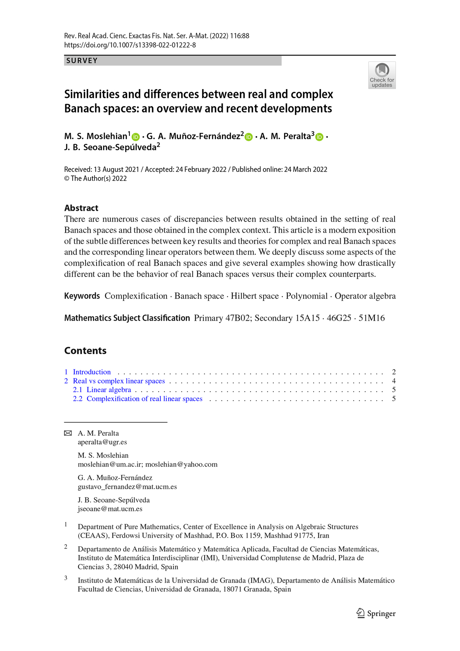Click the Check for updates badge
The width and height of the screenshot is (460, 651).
(x=382, y=75)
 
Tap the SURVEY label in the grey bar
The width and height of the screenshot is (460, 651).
(x=82, y=60)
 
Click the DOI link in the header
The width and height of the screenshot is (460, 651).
(x=130, y=45)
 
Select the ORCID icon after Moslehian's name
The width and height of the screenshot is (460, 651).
(x=136, y=137)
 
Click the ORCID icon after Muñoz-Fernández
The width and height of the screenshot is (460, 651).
(x=249, y=137)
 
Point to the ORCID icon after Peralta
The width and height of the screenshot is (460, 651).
(x=319, y=137)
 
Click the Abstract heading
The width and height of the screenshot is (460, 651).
(x=81, y=208)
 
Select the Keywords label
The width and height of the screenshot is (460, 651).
(x=82, y=296)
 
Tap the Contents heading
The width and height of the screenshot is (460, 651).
(x=85, y=350)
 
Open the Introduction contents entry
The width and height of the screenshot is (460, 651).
(x=92, y=372)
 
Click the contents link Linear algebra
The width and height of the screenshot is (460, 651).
(x=109, y=390)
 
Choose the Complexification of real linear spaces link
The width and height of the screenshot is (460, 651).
(x=144, y=399)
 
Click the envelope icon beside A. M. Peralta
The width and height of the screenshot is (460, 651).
(x=68, y=433)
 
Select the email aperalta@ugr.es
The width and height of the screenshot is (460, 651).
(x=102, y=442)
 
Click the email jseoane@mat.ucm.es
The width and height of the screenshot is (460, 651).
(x=110, y=509)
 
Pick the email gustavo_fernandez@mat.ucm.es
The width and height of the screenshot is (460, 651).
(x=127, y=487)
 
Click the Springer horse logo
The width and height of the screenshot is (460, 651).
(x=360, y=613)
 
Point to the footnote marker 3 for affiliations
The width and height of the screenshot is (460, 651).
(x=66, y=578)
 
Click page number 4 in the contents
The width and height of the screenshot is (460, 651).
(x=394, y=381)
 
